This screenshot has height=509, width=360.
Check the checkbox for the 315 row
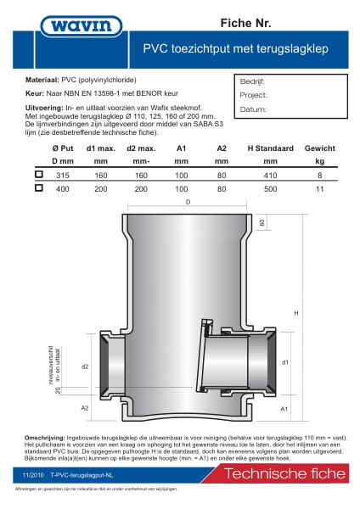38,174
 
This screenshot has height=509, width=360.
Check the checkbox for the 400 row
38,189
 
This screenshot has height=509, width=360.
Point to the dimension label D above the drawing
187,202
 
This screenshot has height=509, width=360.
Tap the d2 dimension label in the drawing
84,367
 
